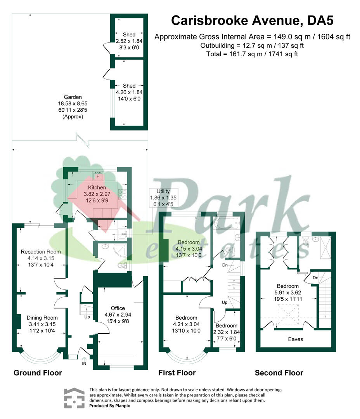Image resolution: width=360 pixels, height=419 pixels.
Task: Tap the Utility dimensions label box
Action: (163, 198)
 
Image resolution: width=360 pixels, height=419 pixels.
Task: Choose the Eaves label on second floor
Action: (296, 339)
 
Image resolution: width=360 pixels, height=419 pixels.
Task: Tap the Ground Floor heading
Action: (38, 373)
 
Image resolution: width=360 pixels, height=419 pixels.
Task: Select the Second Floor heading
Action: (279, 373)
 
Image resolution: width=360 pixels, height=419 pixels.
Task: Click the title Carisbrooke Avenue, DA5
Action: (252, 21)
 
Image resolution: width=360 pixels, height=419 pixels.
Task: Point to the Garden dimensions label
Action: (73, 107)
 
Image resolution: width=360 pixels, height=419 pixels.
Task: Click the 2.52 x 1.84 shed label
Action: (129, 41)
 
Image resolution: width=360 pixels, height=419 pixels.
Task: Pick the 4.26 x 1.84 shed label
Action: (129, 92)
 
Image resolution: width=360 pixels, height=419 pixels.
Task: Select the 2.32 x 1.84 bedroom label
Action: (227, 332)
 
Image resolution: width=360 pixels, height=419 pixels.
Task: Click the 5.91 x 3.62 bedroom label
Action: (288, 293)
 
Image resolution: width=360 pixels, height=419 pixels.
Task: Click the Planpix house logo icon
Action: (74, 398)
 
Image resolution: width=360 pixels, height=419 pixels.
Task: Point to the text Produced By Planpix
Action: (109, 406)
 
